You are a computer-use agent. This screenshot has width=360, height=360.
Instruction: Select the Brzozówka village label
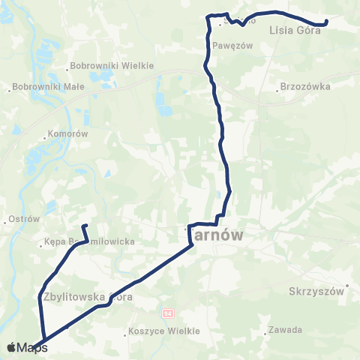point(304,86)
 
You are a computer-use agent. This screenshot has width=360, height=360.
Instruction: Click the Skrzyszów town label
point(316,289)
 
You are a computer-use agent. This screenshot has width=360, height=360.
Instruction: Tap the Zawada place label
point(286,330)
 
